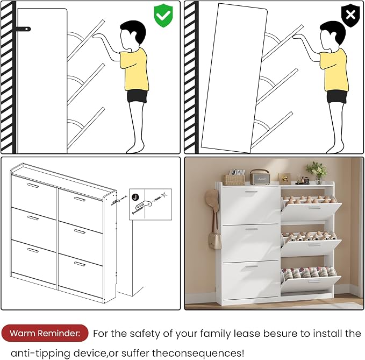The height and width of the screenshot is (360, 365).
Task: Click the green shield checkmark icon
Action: pos(163,16)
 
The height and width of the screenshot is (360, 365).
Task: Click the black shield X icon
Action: pos(350,15)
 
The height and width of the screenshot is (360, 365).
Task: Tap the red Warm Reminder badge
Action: pos(45,333)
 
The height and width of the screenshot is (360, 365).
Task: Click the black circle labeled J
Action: pos(135,197)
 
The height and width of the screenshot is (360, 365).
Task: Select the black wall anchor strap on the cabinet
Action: pos(23,29)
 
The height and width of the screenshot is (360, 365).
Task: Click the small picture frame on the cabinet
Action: pos(284,179)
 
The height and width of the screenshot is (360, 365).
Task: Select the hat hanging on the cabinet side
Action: pos(212,200)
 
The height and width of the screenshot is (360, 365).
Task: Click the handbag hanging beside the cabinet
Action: pos(214,240)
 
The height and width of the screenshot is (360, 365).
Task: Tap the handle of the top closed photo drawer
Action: pos(251,192)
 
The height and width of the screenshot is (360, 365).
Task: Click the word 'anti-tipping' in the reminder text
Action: pos(40,353)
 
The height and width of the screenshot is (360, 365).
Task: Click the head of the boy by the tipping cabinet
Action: pos(332,36)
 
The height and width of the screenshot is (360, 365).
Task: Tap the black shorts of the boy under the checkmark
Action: pos(137,96)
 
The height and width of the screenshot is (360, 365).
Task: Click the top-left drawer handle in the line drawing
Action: pos(33,186)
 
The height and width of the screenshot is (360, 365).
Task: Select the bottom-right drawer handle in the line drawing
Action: pos(80,264)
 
